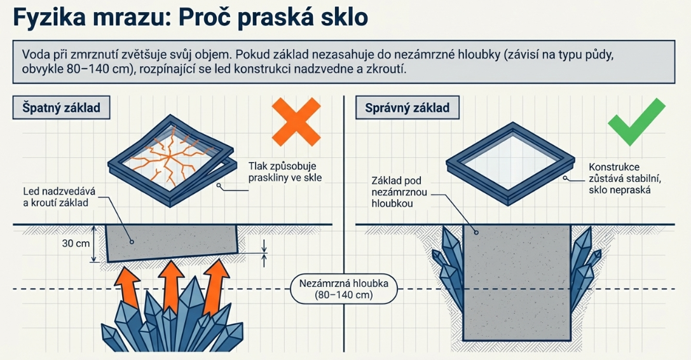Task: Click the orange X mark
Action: point(296,122)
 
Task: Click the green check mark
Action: point(636,122)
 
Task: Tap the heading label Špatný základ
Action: point(61,107)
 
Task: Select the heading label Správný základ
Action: point(407,107)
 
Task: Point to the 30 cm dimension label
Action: point(76,243)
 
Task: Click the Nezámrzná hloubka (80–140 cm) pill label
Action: point(344,289)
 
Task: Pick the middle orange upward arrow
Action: point(172,284)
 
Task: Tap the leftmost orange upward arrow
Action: point(128,287)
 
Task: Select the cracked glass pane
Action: point(170,157)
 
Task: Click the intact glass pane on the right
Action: point(511,160)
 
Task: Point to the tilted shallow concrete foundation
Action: point(172,243)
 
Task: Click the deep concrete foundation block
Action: point(517,282)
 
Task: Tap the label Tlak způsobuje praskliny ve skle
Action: point(285,172)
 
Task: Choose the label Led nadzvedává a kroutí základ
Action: point(59,197)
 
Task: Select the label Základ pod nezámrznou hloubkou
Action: point(399,192)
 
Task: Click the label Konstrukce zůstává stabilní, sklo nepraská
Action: point(625,179)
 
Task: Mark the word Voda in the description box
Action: point(32,55)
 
